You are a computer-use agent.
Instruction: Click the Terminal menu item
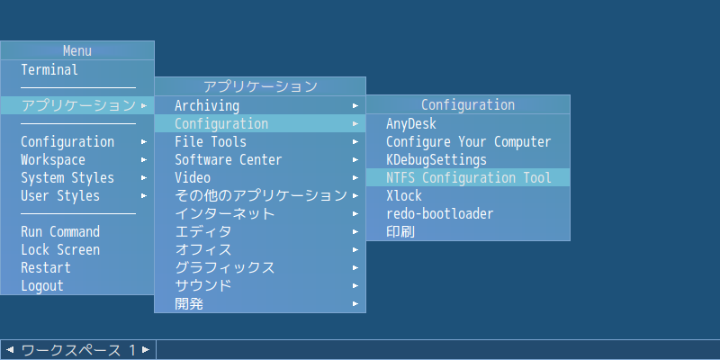(x=49, y=70)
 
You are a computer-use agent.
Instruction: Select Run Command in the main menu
(x=60, y=231)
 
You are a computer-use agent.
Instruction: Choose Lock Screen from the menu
(x=60, y=250)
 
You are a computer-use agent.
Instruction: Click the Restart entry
(x=46, y=267)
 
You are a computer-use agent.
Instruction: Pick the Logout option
(x=42, y=285)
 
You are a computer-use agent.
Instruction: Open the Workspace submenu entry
(x=53, y=160)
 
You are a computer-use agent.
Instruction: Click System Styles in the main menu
(x=67, y=177)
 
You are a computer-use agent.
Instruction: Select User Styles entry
(x=60, y=195)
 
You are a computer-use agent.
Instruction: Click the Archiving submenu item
(x=207, y=105)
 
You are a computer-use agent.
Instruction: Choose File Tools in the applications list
(x=211, y=142)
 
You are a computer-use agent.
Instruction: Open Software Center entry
(x=229, y=160)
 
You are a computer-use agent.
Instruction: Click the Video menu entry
(x=193, y=177)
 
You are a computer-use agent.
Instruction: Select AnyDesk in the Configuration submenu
(x=411, y=123)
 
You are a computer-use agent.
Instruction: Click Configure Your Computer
(x=468, y=142)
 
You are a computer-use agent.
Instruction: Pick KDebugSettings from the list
(x=436, y=160)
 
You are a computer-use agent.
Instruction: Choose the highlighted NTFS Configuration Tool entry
(x=468, y=177)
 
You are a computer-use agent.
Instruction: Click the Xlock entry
(x=404, y=195)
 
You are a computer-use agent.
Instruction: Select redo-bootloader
(x=440, y=214)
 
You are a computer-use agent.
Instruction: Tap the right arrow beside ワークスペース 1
(x=146, y=350)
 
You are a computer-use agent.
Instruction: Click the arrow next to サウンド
(x=355, y=285)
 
